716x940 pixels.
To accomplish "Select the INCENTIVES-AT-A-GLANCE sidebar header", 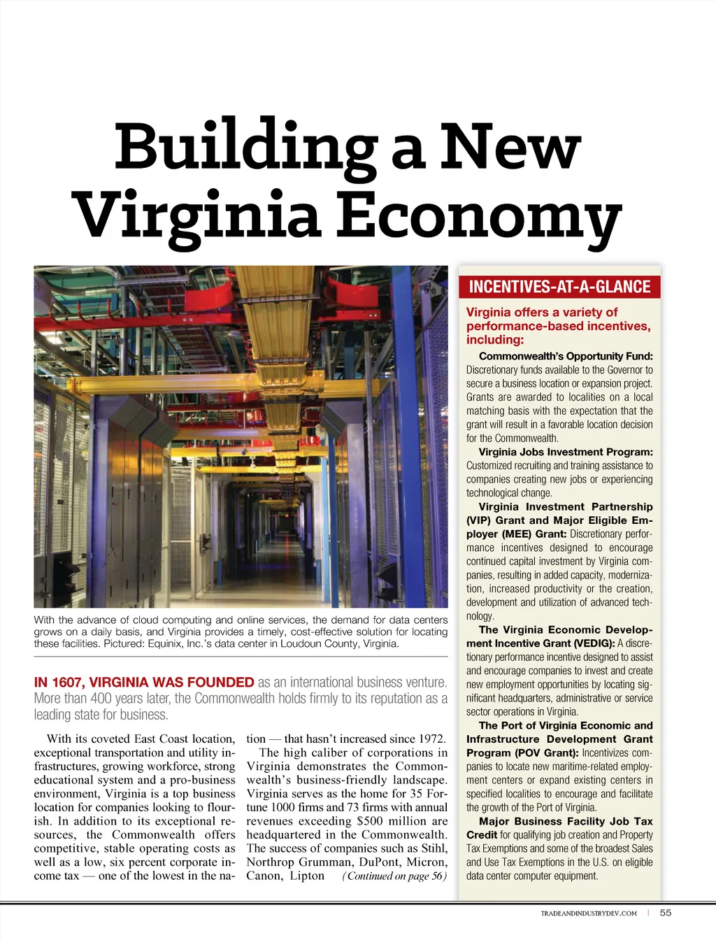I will pos(559,287).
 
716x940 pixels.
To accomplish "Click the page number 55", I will pos(666,913).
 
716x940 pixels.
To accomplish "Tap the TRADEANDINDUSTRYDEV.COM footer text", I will pos(589,913).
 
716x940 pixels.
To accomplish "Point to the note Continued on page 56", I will pos(394,876).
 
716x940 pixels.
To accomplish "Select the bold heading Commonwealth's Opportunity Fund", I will pos(566,356).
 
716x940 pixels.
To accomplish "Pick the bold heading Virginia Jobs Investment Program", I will pos(566,452).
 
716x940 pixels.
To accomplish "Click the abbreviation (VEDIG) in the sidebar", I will pos(594,643).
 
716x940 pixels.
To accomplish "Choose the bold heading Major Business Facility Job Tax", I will pos(566,821).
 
